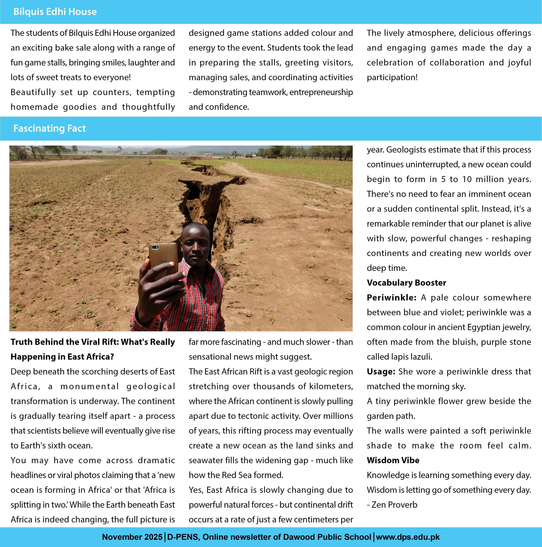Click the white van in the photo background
click(x=208, y=155)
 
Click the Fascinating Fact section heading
click(x=50, y=128)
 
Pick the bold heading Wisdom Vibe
click(x=393, y=460)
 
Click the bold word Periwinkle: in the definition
click(x=391, y=298)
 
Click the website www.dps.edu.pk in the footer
click(x=408, y=537)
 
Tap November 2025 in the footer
click(x=132, y=537)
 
